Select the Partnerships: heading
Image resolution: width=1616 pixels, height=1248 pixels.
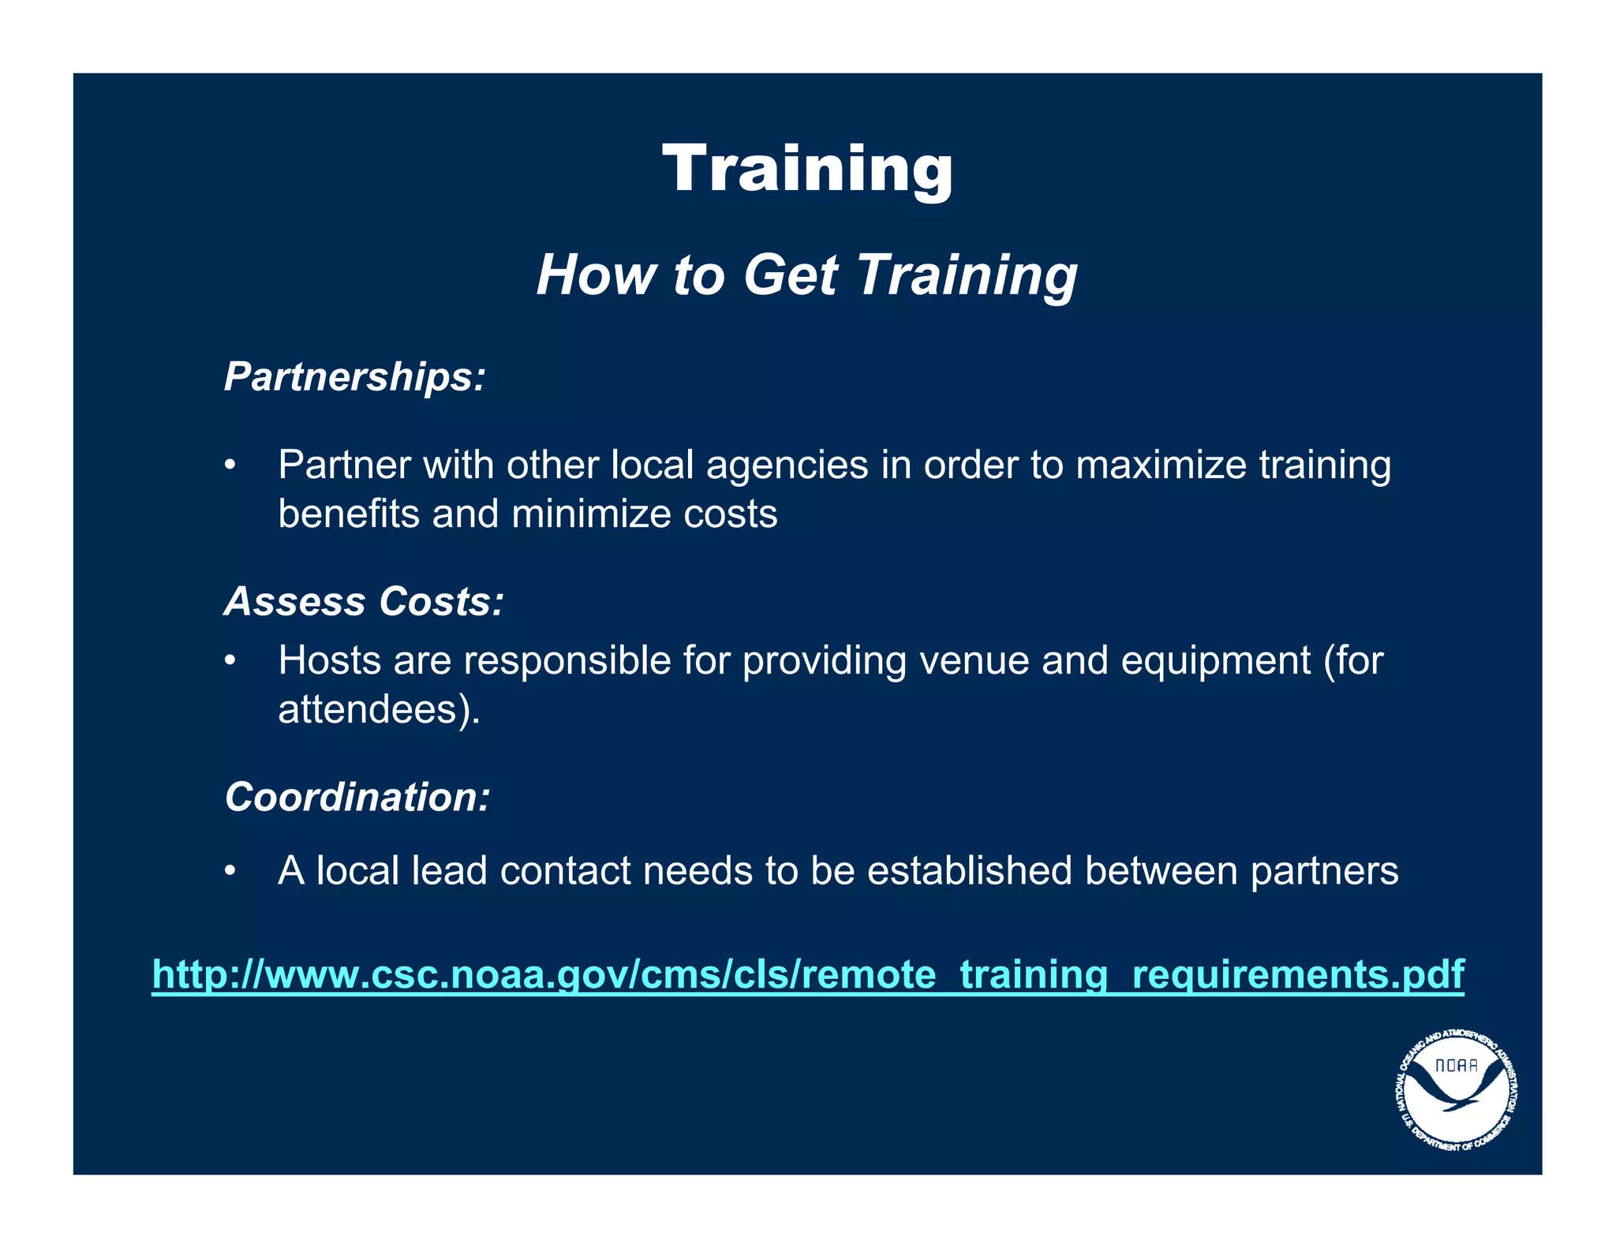coord(354,376)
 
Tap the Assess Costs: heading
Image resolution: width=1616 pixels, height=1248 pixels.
coord(364,601)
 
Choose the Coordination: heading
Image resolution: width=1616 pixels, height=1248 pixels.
coord(357,797)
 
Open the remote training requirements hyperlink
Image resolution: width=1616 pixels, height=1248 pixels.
coord(808,974)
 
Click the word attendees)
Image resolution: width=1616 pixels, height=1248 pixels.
coord(379,709)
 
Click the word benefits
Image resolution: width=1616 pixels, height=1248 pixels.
coord(349,514)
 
